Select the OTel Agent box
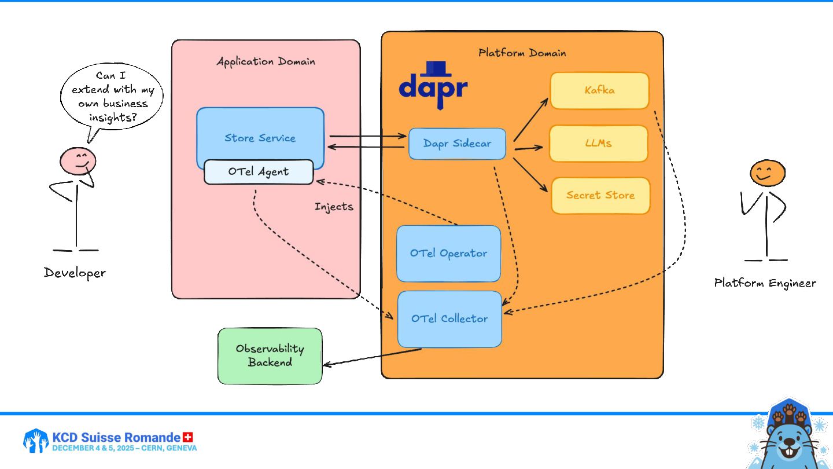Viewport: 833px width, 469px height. tap(258, 172)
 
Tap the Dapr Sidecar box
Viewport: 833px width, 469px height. tap(457, 144)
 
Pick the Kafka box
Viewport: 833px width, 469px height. tap(599, 90)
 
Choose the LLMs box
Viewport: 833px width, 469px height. tap(598, 143)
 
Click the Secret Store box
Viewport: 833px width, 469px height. tap(600, 195)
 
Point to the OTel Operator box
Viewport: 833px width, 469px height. tap(448, 253)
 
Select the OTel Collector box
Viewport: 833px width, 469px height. tap(449, 318)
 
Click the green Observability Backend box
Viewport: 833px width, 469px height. tap(270, 356)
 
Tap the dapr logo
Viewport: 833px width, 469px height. tap(433, 86)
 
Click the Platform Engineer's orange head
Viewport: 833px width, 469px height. tap(767, 173)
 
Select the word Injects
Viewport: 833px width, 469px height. tap(334, 206)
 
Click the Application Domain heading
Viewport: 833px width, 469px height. tap(266, 61)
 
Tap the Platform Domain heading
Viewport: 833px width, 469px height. tap(522, 53)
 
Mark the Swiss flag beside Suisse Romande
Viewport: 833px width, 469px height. tap(187, 437)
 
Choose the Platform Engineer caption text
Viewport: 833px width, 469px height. tap(765, 283)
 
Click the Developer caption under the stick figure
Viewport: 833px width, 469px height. tap(75, 273)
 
